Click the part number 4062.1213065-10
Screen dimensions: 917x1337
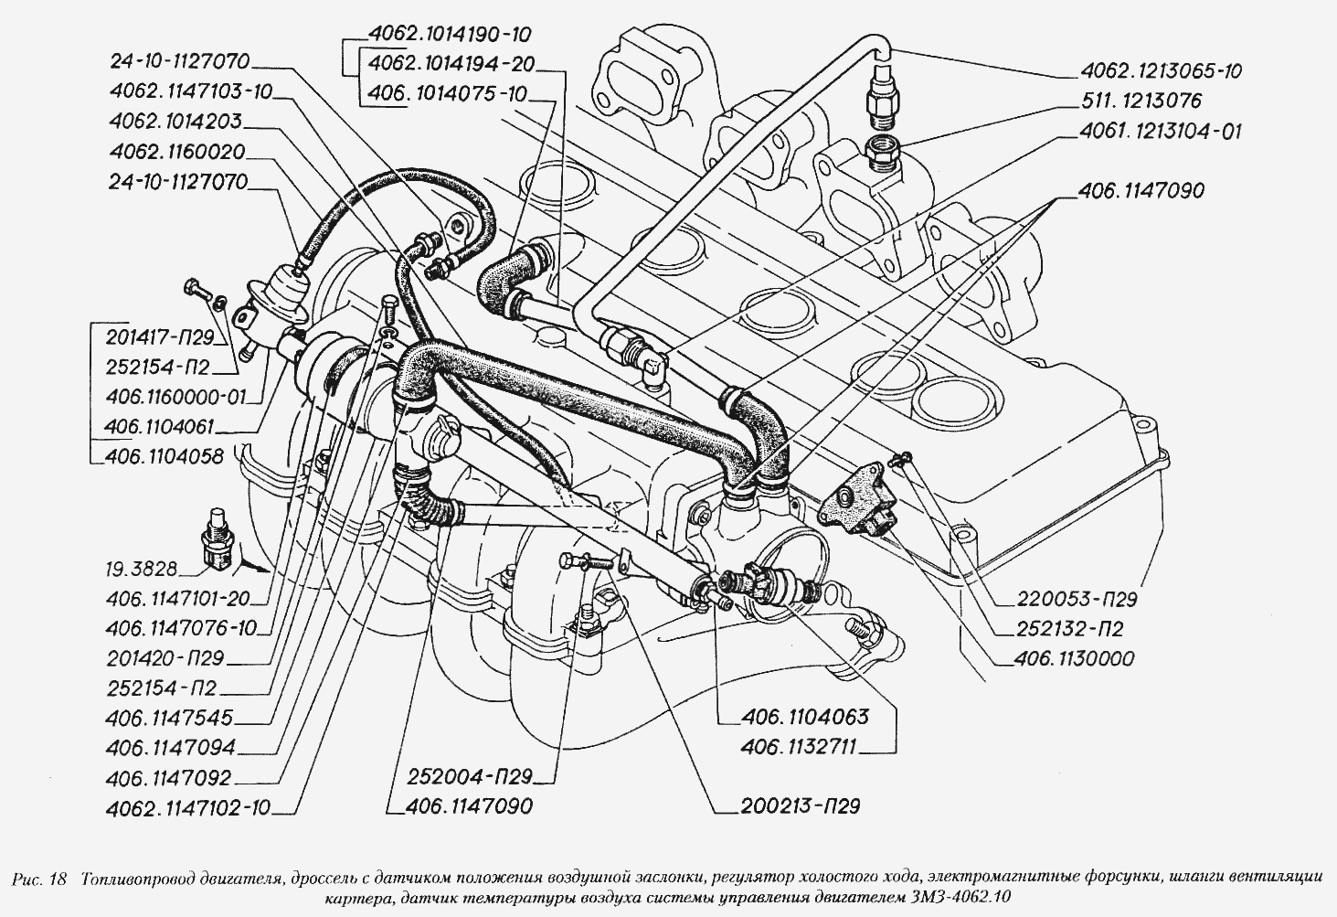click(x=1162, y=70)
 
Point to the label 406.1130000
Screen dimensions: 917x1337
click(x=1074, y=658)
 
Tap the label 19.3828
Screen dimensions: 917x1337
click(x=141, y=569)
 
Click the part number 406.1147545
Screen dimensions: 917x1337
click(x=169, y=718)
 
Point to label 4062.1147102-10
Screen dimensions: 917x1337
click(x=187, y=807)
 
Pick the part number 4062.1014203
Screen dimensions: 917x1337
click(x=175, y=122)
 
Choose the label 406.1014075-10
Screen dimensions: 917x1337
click(x=448, y=93)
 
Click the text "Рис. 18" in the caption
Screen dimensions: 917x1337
click(x=41, y=880)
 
